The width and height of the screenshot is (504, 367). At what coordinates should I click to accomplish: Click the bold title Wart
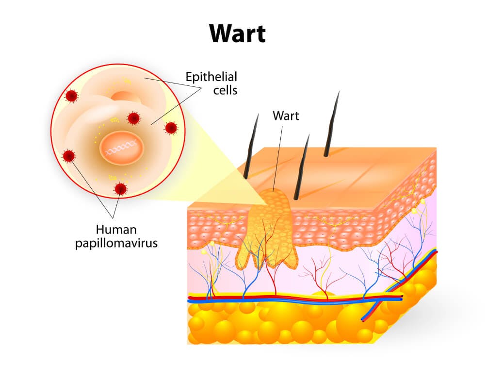point(238,33)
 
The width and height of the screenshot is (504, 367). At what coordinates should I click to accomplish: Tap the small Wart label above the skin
point(286,116)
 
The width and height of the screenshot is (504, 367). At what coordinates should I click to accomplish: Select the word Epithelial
point(211,77)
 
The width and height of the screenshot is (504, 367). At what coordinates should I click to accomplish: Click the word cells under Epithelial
point(225,90)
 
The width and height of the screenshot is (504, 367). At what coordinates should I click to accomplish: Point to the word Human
point(116,230)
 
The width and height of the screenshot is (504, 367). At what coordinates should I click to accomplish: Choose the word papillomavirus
point(116,243)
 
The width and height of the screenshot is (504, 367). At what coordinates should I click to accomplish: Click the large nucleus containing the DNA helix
point(121,148)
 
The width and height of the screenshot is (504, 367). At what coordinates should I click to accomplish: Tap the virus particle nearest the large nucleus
point(133,118)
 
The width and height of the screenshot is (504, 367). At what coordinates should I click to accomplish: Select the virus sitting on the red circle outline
point(171,128)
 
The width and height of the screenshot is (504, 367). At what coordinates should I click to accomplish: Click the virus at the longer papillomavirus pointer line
point(69,156)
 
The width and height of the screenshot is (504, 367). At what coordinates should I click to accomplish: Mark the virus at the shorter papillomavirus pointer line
point(120,188)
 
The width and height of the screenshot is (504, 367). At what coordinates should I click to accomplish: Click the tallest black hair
point(331,124)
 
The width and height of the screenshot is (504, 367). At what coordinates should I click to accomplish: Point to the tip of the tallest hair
point(339,91)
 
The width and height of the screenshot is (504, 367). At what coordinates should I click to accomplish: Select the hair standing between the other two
point(302,167)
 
